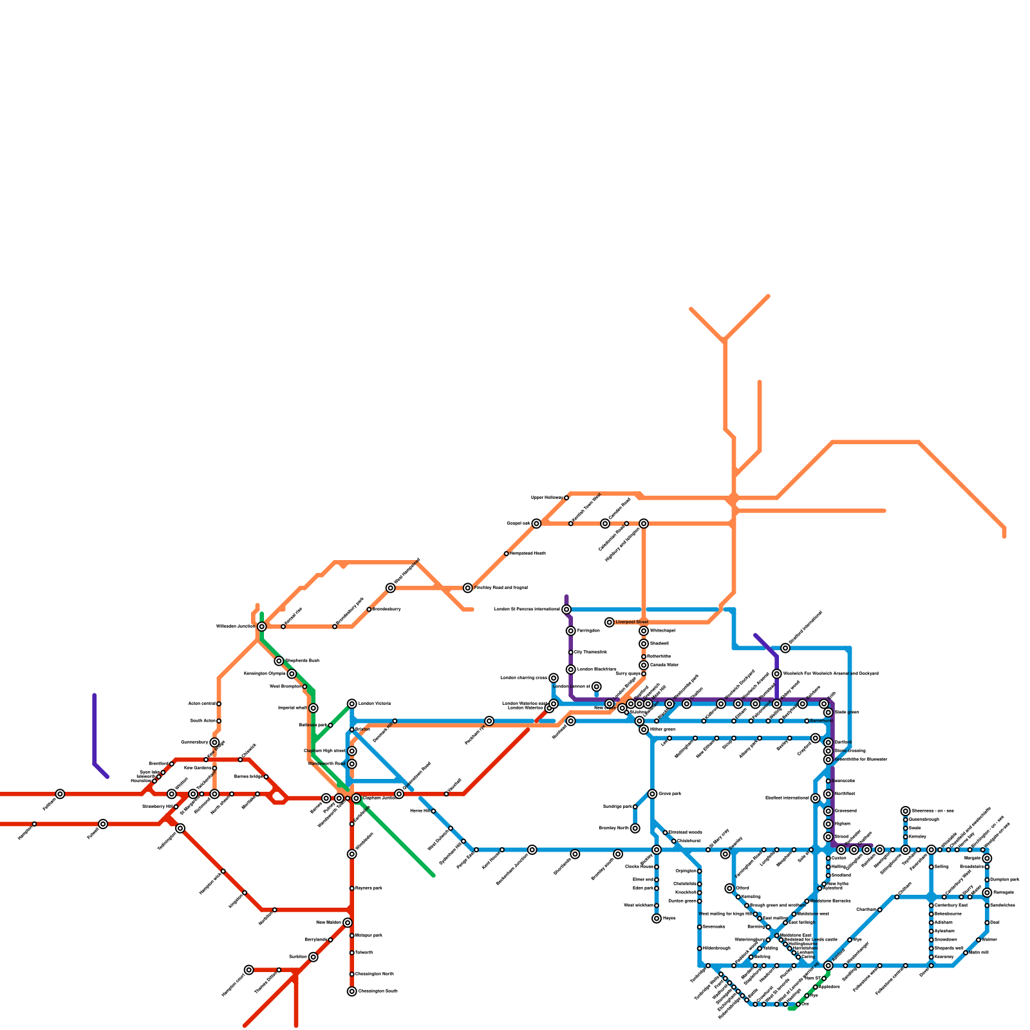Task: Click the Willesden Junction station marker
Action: [261, 626]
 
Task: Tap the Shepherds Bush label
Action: [302, 661]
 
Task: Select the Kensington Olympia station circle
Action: [292, 674]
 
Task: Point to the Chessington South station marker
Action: [351, 991]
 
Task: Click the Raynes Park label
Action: [369, 888]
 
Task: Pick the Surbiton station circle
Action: [313, 957]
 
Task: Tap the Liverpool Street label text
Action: [632, 623]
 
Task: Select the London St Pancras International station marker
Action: [566, 610]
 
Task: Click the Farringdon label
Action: [588, 631]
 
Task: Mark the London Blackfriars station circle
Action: [571, 669]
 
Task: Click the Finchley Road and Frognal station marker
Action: [468, 588]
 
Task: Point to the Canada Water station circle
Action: [644, 665]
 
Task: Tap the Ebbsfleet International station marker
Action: [816, 798]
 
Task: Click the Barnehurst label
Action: [821, 721]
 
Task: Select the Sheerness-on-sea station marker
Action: [906, 811]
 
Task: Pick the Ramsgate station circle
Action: [987, 892]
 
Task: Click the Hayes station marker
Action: [657, 919]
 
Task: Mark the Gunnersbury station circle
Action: [214, 743]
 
